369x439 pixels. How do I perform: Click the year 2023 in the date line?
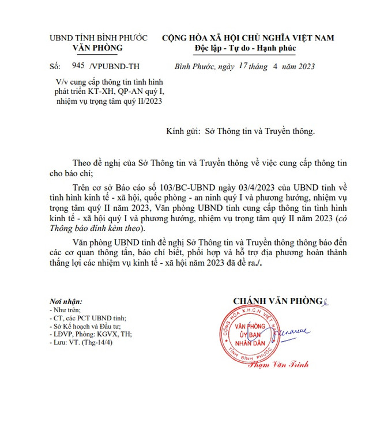point(303,67)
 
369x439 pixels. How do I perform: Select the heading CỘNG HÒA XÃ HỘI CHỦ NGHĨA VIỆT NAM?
point(248,38)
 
